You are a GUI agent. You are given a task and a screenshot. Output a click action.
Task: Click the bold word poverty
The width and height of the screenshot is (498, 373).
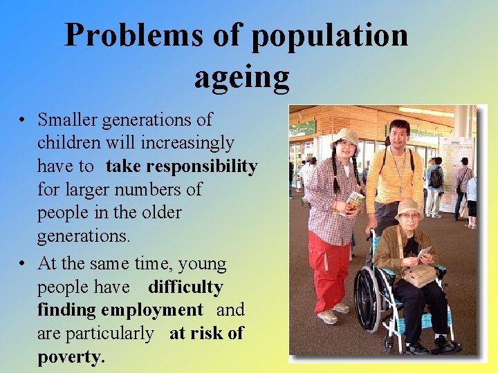71,356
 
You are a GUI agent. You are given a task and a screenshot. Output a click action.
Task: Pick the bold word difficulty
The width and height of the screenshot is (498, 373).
185,287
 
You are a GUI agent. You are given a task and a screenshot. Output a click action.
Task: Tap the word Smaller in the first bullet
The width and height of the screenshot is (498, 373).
68,120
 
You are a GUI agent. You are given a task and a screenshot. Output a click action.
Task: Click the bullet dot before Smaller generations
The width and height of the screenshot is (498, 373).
24,121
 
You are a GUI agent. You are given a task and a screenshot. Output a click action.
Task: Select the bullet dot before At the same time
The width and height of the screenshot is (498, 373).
24,265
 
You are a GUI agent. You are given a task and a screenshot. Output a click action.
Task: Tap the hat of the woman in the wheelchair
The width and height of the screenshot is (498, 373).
409,207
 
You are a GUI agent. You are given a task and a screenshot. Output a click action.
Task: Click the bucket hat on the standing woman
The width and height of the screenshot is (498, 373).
345,135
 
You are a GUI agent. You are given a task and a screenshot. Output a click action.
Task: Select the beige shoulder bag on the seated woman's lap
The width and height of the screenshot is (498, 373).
418,275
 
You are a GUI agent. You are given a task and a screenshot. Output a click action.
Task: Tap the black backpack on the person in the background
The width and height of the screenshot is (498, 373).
436,178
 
